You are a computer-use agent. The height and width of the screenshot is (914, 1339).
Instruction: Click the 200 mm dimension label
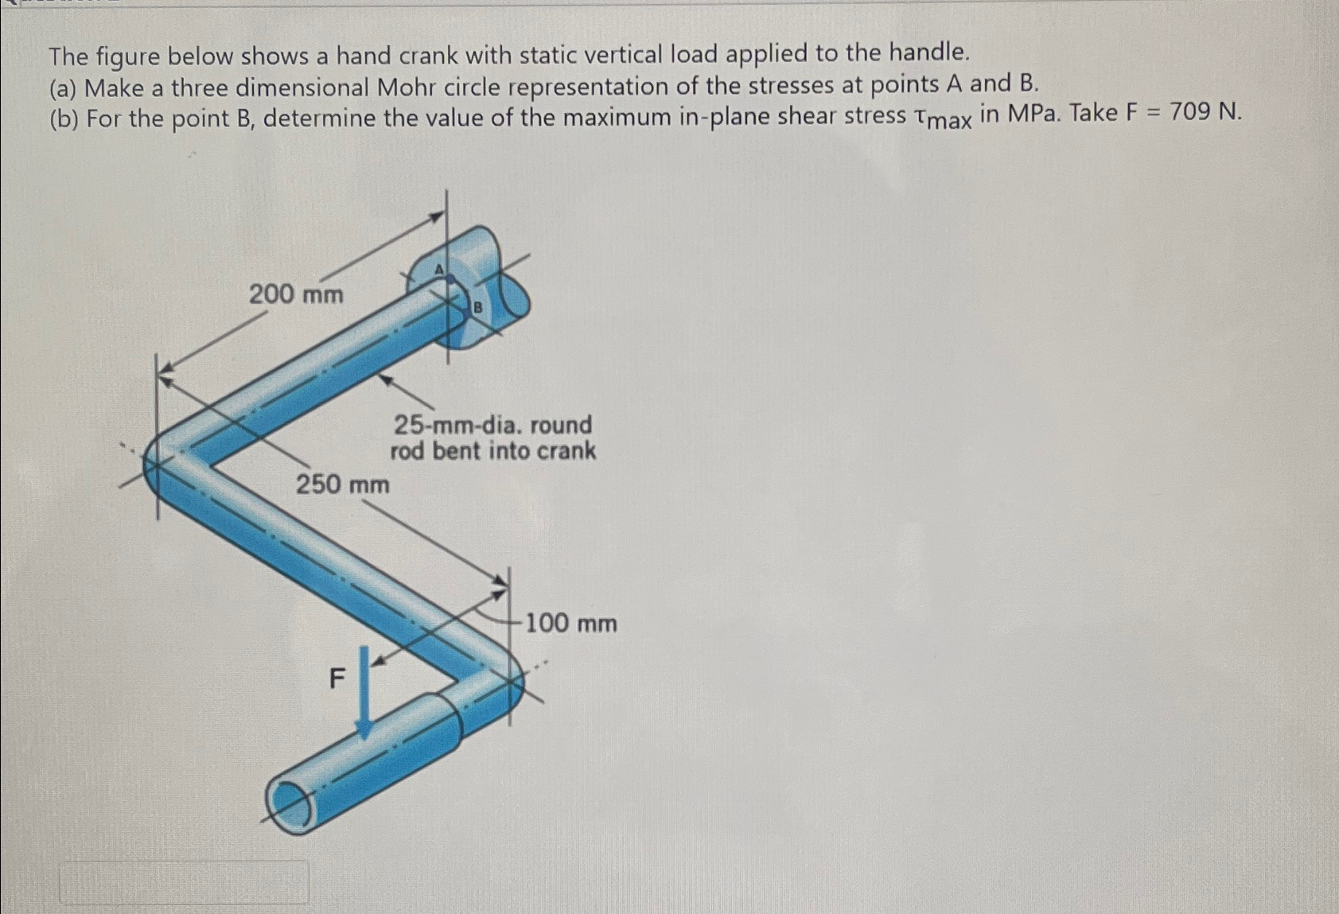296,295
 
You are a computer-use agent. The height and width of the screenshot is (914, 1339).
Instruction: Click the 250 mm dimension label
343,484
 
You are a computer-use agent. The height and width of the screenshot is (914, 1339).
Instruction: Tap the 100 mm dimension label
570,623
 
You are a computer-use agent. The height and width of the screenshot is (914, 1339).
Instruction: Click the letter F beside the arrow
337,679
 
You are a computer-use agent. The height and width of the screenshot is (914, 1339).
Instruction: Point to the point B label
478,306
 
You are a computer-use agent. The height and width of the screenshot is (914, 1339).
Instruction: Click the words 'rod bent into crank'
492,451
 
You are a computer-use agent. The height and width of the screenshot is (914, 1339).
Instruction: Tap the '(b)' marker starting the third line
64,119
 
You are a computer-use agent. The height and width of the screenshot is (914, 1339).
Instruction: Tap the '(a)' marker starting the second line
64,88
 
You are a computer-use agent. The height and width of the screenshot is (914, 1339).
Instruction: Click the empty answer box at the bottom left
185,881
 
